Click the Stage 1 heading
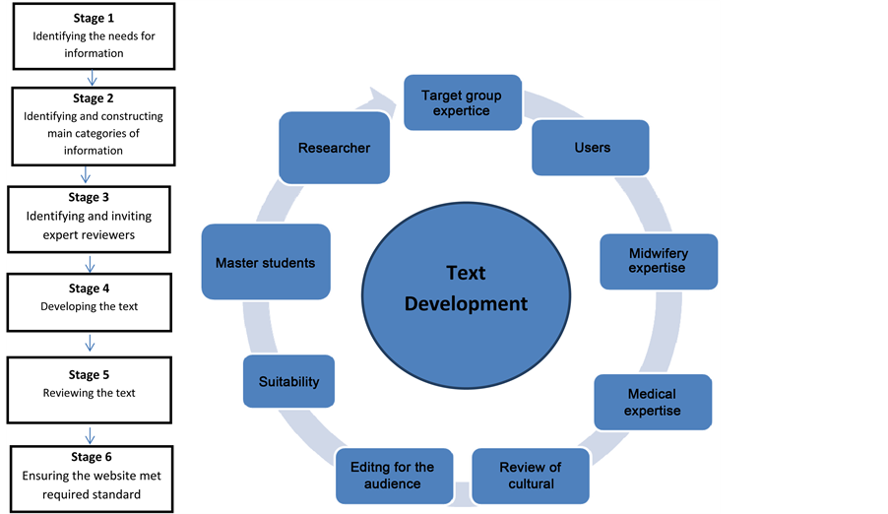click(x=94, y=20)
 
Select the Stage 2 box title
click(x=94, y=98)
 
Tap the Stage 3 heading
click(x=90, y=198)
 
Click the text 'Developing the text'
click(x=90, y=306)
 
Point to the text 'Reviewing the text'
click(x=90, y=393)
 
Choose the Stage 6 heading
click(x=92, y=457)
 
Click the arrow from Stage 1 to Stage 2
click(x=93, y=78)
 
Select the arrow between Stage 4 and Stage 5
click(x=91, y=343)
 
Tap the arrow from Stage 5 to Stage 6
click(x=91, y=434)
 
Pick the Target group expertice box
click(x=461, y=102)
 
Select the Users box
click(x=592, y=148)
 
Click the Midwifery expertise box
click(x=658, y=261)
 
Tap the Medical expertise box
click(x=652, y=402)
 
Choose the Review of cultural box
click(x=530, y=475)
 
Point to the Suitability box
click(x=288, y=381)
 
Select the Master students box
click(x=265, y=263)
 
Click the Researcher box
click(x=334, y=148)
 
